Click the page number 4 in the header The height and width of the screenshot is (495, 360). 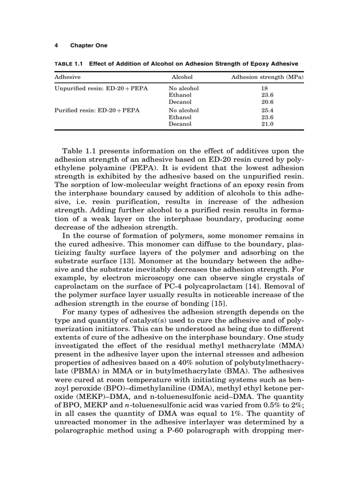coord(56,45)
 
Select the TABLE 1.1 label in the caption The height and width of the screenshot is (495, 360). coord(68,64)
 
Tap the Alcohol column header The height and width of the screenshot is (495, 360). coord(182,77)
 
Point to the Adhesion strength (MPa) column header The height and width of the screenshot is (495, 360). coord(267,77)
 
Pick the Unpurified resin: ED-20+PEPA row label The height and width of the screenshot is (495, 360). coord(101,88)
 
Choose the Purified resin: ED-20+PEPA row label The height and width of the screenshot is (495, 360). coord(97,110)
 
